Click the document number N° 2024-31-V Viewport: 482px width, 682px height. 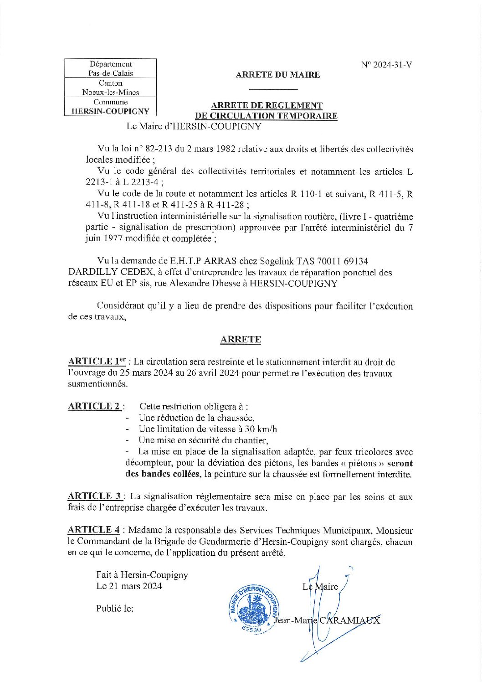[387, 65]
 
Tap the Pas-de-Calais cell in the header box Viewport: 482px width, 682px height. [111, 73]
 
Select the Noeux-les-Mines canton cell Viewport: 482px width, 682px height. [111, 92]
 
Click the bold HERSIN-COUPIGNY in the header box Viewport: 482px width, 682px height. [111, 111]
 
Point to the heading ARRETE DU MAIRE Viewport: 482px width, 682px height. [278, 75]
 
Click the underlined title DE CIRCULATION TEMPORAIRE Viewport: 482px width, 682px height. [266, 116]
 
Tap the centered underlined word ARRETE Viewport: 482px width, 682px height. [241, 340]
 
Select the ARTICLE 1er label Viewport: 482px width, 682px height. [97, 362]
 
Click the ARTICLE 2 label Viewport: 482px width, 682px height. [94, 406]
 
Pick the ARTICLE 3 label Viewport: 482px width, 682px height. [95, 496]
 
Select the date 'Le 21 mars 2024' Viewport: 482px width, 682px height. [129, 586]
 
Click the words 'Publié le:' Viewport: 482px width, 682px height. [114, 609]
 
